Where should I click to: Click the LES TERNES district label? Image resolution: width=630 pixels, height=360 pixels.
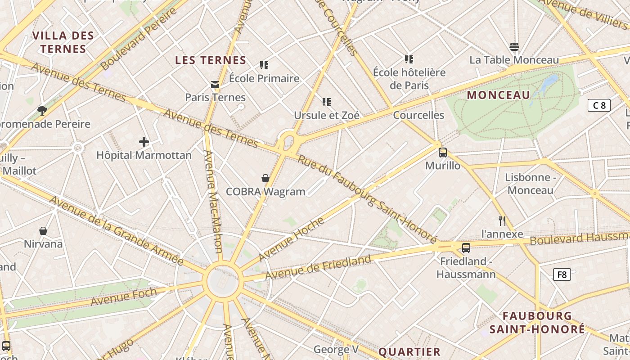point(211,60)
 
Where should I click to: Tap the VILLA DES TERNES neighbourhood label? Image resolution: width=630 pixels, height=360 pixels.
point(63,42)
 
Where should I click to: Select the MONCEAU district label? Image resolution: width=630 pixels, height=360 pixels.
point(499,95)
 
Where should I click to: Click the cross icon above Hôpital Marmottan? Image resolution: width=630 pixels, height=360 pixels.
point(144,142)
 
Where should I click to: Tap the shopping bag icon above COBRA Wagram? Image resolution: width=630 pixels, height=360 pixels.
point(265,179)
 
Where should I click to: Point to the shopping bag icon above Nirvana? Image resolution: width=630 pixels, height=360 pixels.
point(43,231)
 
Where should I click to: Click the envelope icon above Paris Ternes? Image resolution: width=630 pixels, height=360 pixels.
point(215,84)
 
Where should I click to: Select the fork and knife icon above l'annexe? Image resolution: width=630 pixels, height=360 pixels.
point(502,220)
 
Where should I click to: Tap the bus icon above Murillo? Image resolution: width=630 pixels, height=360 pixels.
point(443,153)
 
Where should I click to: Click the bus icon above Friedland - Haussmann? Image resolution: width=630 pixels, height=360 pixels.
point(466,248)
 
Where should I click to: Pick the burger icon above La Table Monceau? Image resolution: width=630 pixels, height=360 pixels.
point(514,47)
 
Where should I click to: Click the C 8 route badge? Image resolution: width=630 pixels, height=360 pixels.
point(599,105)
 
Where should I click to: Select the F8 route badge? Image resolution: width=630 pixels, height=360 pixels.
point(562,274)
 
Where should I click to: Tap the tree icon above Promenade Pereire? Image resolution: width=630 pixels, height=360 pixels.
point(42,110)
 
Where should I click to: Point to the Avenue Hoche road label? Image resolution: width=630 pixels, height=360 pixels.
point(291,238)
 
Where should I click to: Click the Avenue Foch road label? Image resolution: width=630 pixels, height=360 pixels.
point(124,297)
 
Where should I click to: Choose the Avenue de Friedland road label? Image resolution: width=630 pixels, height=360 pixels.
point(318,266)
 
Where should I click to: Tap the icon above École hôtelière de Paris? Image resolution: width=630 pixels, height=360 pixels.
point(409,59)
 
